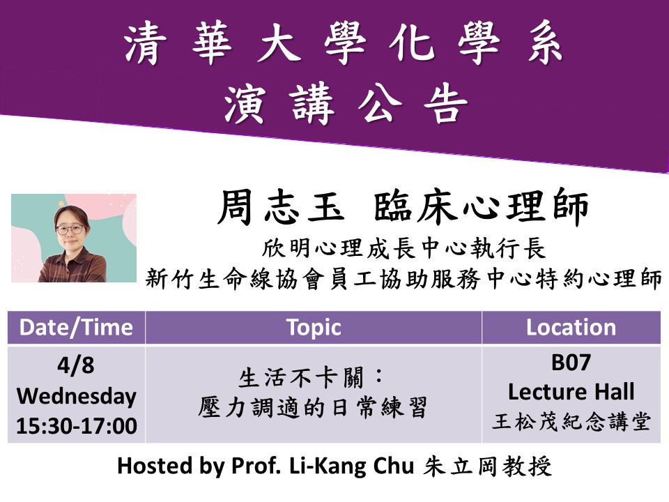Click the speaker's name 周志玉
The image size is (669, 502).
(272, 207)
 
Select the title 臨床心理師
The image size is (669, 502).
(482, 207)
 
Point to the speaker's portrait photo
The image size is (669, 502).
(74, 238)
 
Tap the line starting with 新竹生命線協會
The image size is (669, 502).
(403, 279)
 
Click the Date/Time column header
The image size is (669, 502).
(76, 328)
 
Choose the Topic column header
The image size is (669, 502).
(314, 328)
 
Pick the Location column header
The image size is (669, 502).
(571, 328)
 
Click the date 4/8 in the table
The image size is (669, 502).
(76, 365)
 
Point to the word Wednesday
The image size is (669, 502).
(76, 396)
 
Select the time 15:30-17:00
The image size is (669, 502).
(76, 426)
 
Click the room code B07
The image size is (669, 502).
(571, 363)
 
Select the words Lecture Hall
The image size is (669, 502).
(571, 392)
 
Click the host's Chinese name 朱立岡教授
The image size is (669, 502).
(487, 466)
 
